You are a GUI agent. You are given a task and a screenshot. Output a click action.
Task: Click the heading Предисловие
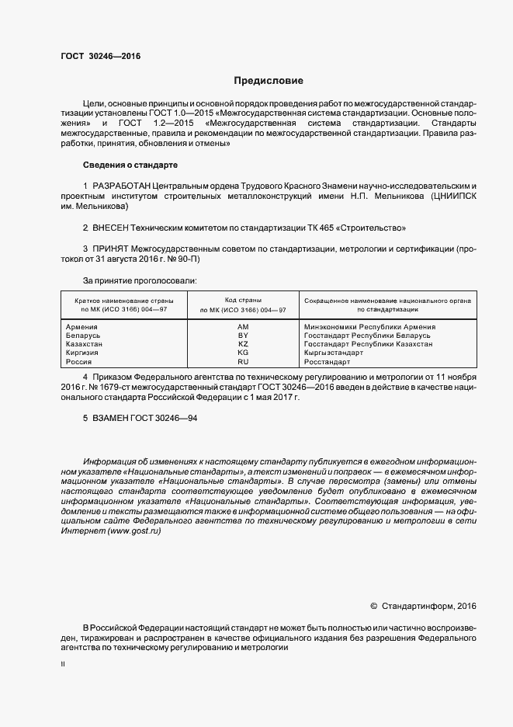click(x=269, y=81)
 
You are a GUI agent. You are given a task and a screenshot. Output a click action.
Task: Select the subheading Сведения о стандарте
click(x=130, y=165)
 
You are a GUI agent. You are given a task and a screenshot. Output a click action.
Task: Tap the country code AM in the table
click(x=243, y=327)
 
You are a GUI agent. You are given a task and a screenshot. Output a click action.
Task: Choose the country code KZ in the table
click(x=243, y=344)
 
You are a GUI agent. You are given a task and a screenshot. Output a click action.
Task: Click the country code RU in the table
click(x=243, y=362)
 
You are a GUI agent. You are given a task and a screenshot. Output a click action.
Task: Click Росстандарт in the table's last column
click(x=327, y=362)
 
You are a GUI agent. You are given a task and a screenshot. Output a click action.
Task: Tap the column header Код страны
click(x=243, y=300)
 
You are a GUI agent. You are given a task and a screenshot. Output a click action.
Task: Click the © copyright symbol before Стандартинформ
click(x=373, y=606)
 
